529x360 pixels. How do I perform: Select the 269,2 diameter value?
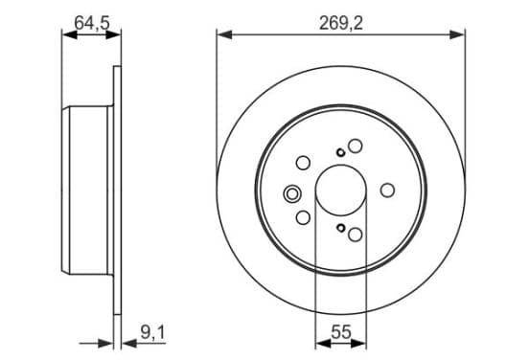click(x=341, y=23)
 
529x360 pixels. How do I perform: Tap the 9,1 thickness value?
click(x=152, y=332)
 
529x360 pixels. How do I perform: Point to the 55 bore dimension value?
click(x=341, y=332)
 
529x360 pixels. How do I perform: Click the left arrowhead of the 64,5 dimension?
click(x=70, y=34)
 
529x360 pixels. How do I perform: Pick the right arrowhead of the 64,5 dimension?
click(x=113, y=34)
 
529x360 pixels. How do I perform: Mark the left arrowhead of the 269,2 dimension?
click(x=224, y=34)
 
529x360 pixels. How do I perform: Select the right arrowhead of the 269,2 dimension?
click(x=457, y=34)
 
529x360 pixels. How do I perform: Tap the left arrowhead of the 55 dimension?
click(x=323, y=344)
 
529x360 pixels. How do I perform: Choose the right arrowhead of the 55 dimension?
click(x=358, y=344)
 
